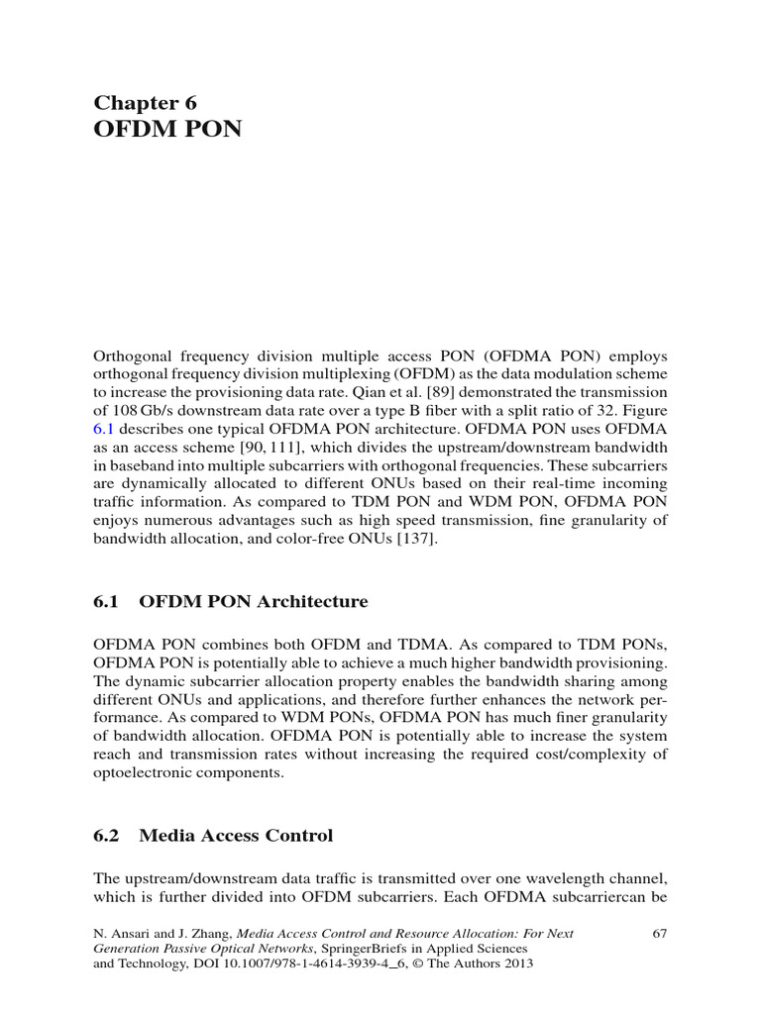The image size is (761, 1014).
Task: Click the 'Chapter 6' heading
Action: pos(146,102)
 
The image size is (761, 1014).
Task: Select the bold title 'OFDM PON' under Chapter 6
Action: pos(167,130)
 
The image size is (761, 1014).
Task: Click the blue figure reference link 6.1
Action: pos(105,429)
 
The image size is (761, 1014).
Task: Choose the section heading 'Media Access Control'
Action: pos(236,836)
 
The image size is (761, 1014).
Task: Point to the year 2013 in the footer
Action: pos(518,965)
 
